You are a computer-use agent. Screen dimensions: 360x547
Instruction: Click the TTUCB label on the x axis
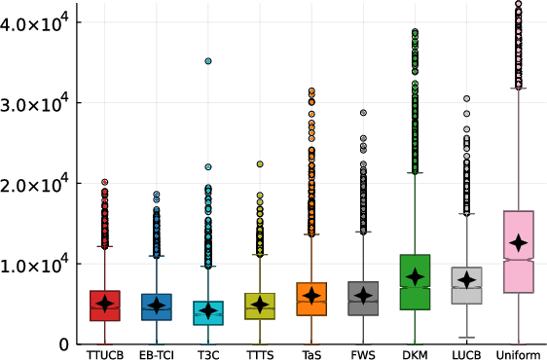[x=104, y=352]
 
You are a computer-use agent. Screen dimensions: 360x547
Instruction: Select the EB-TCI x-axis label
[x=156, y=352]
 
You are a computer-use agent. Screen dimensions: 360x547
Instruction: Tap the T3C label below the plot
[x=207, y=352]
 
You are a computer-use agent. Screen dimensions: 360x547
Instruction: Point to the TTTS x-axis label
[x=260, y=352]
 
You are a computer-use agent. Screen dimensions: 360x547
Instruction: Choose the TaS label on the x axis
[x=311, y=352]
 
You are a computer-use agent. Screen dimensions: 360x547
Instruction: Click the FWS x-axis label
[x=363, y=352]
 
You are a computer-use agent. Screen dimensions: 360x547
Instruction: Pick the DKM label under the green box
[x=416, y=352]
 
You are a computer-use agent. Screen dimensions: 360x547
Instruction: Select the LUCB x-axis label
[x=467, y=352]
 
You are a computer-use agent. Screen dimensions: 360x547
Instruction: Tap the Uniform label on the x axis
[x=519, y=352]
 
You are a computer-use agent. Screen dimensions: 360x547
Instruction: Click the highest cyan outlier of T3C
[x=208, y=60]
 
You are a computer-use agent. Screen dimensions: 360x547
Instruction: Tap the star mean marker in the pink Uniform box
[x=519, y=242]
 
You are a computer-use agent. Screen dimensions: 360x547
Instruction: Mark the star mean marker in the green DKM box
[x=416, y=276]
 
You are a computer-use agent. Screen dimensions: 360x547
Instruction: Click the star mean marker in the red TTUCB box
[x=104, y=304]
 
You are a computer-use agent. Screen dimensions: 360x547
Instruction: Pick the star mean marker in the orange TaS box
[x=311, y=295]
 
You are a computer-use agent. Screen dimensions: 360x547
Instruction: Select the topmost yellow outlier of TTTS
[x=260, y=164]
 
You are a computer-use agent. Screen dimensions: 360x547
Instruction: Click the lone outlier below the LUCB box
[x=467, y=338]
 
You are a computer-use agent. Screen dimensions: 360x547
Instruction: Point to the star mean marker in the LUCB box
[x=467, y=279]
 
